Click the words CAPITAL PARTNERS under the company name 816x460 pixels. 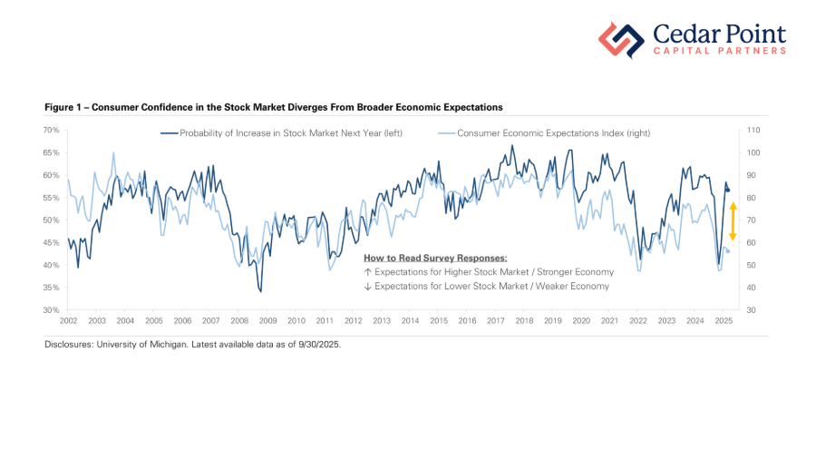click(720, 52)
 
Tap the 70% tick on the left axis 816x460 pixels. click(52, 131)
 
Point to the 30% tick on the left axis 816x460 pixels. click(52, 310)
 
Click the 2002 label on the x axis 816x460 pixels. click(68, 321)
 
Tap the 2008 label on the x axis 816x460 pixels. click(239, 321)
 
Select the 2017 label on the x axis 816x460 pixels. click(496, 321)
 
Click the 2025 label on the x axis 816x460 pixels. click(724, 321)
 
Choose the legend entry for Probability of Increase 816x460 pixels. click(281, 133)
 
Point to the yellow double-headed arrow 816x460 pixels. click(733, 221)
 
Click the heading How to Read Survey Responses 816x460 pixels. click(434, 259)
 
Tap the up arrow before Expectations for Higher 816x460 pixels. click(367, 272)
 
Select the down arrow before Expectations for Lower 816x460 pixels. click(367, 286)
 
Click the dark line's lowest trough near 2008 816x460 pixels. click(260, 291)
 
